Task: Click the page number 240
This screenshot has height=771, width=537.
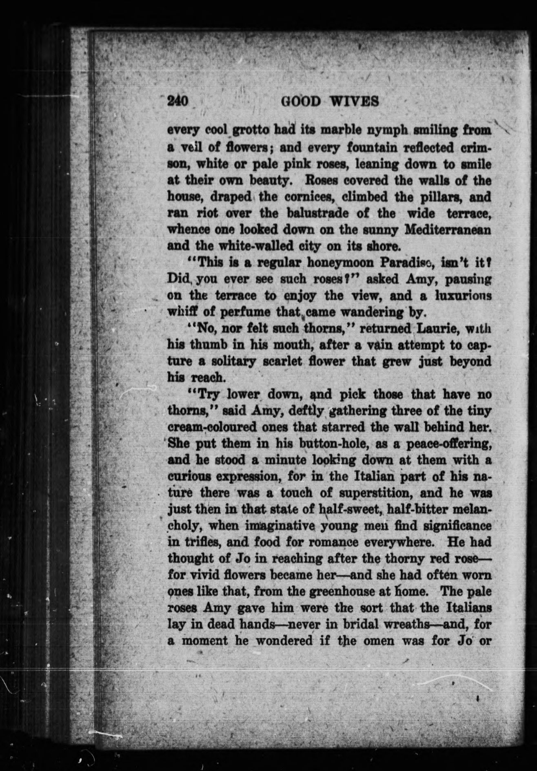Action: coord(178,101)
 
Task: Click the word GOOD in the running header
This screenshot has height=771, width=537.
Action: coord(301,101)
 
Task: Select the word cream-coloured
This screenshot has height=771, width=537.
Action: coord(217,427)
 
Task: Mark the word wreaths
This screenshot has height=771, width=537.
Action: coord(413,625)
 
